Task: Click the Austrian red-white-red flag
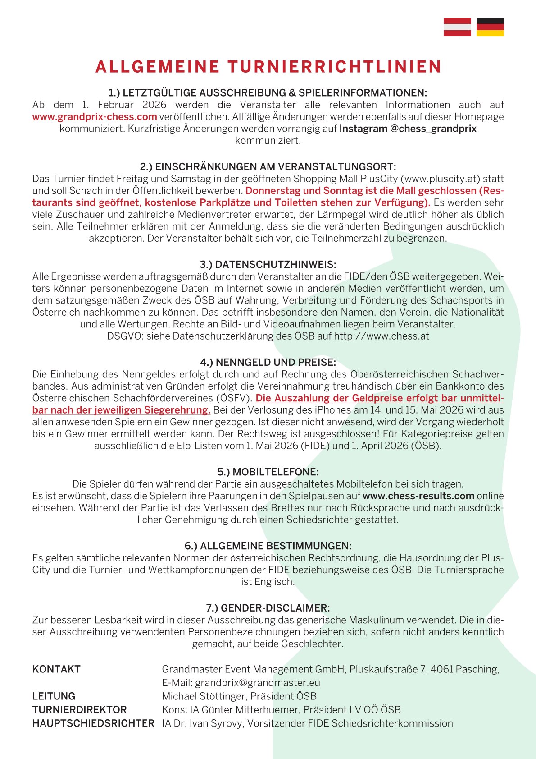[x=457, y=27]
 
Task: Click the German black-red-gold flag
[x=490, y=27]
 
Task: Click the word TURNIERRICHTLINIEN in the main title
[x=334, y=67]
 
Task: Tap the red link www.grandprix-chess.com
[x=95, y=117]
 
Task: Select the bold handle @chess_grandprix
[x=433, y=129]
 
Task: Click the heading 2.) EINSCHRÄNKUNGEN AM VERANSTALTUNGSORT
[x=268, y=167]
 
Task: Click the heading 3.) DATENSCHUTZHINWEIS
[x=268, y=264]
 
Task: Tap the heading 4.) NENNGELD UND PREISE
[x=268, y=362]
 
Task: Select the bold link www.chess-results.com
[x=418, y=496]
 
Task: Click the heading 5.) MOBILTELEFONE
[x=268, y=472]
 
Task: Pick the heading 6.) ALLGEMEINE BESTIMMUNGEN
[x=268, y=546]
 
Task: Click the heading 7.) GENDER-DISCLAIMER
[x=268, y=607]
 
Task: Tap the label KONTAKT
[x=56, y=669]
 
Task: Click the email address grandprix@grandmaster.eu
[x=258, y=683]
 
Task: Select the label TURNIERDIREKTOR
[x=80, y=710]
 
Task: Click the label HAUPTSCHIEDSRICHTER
[x=93, y=723]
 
